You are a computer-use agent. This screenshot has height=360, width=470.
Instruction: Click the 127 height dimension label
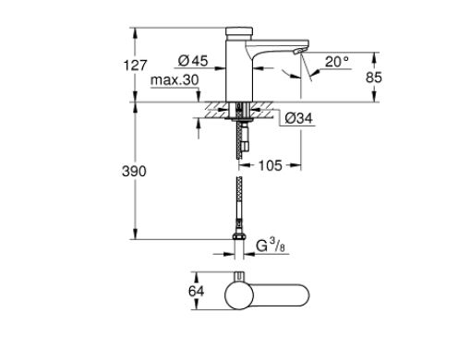pyautogui.click(x=136, y=66)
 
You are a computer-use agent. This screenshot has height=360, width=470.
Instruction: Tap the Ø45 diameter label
pyautogui.click(x=193, y=61)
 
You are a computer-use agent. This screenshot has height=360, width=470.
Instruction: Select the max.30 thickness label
pyautogui.click(x=175, y=80)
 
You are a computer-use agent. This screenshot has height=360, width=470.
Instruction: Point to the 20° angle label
pyautogui.click(x=337, y=62)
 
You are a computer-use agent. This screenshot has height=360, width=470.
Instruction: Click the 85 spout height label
pyautogui.click(x=374, y=78)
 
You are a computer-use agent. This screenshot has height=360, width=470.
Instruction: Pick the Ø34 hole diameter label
pyautogui.click(x=298, y=118)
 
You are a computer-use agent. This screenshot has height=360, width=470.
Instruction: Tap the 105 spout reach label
pyautogui.click(x=271, y=165)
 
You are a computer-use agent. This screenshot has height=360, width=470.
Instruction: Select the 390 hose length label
pyautogui.click(x=134, y=171)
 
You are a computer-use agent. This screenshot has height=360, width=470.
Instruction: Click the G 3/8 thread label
pyautogui.click(x=271, y=246)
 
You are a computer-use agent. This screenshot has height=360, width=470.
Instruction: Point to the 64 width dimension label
pyautogui.click(x=196, y=291)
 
